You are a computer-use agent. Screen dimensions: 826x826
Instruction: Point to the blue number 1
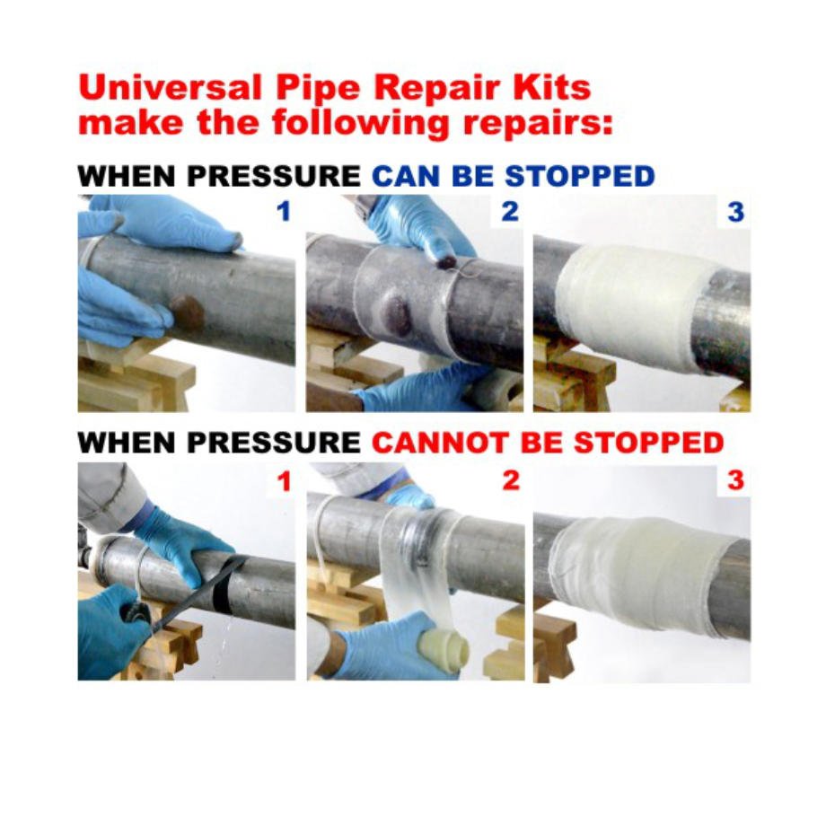tap(284, 213)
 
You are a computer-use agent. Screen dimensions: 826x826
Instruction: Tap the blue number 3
tap(735, 213)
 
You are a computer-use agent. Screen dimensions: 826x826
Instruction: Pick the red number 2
tap(510, 480)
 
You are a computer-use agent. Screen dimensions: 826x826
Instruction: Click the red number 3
tap(735, 480)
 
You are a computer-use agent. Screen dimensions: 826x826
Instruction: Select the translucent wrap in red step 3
tap(628, 566)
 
